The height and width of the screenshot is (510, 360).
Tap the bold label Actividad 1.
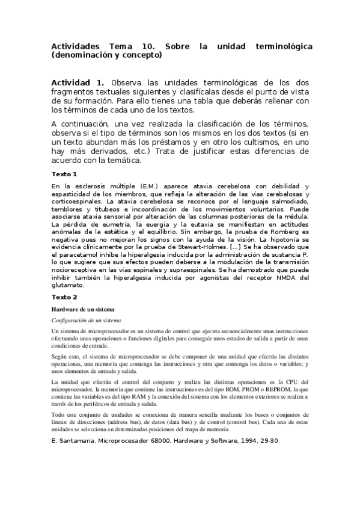click(78, 82)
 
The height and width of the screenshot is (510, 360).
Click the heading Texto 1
click(64, 174)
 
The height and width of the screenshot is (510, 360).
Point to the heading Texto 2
click(64, 297)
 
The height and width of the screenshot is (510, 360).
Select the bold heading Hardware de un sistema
click(78, 309)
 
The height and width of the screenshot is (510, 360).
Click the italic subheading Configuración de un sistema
click(87, 321)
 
